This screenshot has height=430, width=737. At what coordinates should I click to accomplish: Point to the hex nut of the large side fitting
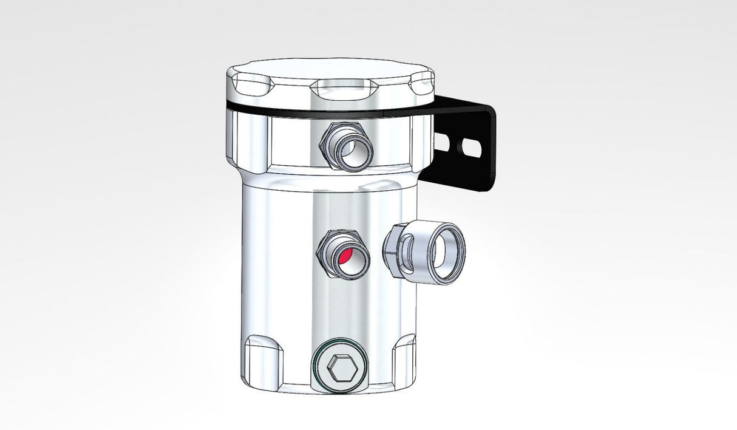pos(394,249)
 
